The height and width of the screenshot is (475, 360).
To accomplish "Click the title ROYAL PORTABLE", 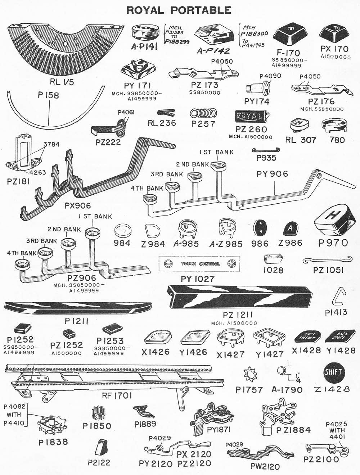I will click(x=179, y=10).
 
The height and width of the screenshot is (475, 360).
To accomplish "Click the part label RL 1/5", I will click(x=62, y=82).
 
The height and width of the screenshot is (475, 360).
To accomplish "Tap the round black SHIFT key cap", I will click(x=333, y=372).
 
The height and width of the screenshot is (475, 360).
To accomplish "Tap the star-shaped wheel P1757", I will click(x=249, y=374).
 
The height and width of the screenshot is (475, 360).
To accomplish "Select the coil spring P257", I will click(x=203, y=113).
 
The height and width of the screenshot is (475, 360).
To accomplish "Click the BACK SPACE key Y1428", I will click(x=341, y=336).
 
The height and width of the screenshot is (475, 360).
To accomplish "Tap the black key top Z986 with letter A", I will click(x=290, y=228).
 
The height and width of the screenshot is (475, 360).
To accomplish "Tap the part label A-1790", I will click(x=287, y=390).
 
